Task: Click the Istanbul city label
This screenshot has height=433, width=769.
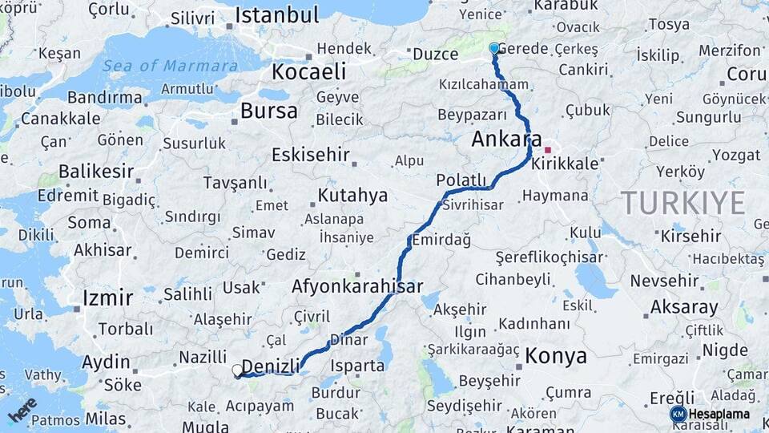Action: pos(277,15)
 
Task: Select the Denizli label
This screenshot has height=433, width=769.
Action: pos(271,366)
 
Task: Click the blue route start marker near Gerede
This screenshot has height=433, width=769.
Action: pos(494,49)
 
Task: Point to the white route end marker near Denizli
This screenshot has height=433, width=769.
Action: pos(237,370)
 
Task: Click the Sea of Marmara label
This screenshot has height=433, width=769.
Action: pos(170,66)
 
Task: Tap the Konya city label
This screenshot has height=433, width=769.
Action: pos(556,356)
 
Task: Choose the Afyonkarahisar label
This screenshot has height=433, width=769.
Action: pos(357,286)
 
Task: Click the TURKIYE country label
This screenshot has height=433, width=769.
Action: pos(683,203)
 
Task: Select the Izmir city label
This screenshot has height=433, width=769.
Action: pos(107,298)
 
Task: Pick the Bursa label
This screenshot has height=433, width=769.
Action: pos(268,111)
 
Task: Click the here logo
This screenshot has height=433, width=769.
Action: pos(22,408)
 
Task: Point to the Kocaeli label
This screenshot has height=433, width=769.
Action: pos(308,71)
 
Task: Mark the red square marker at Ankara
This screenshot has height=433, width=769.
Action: pos(548,150)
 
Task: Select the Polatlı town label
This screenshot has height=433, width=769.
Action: pos(461,179)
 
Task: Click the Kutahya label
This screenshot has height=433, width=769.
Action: pos(352,196)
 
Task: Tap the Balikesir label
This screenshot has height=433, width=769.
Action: pos(96,172)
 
